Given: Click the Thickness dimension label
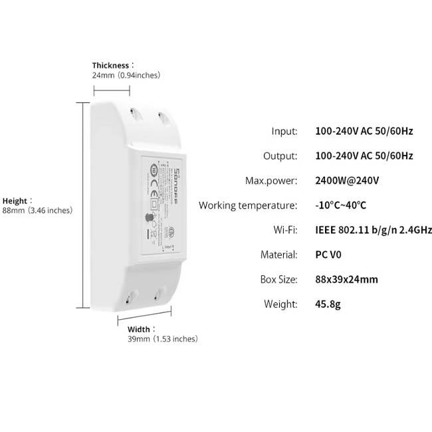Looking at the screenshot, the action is (112, 65).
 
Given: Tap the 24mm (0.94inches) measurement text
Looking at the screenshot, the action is (126, 75).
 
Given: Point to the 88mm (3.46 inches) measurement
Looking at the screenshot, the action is (37, 211).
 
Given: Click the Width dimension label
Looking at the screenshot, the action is (141, 329).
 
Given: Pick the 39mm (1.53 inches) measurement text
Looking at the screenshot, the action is (162, 339).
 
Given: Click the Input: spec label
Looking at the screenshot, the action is (284, 131).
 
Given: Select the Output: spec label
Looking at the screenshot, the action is (280, 156).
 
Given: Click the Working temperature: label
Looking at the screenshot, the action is (248, 205).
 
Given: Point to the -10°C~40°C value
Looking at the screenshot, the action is (340, 205).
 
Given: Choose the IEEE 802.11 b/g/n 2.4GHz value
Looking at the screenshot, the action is (373, 230).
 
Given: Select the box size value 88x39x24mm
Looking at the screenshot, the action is (346, 279).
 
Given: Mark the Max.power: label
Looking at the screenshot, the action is (271, 181).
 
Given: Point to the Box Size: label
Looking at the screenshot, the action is (278, 279).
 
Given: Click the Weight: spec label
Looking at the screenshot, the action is (281, 304).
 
